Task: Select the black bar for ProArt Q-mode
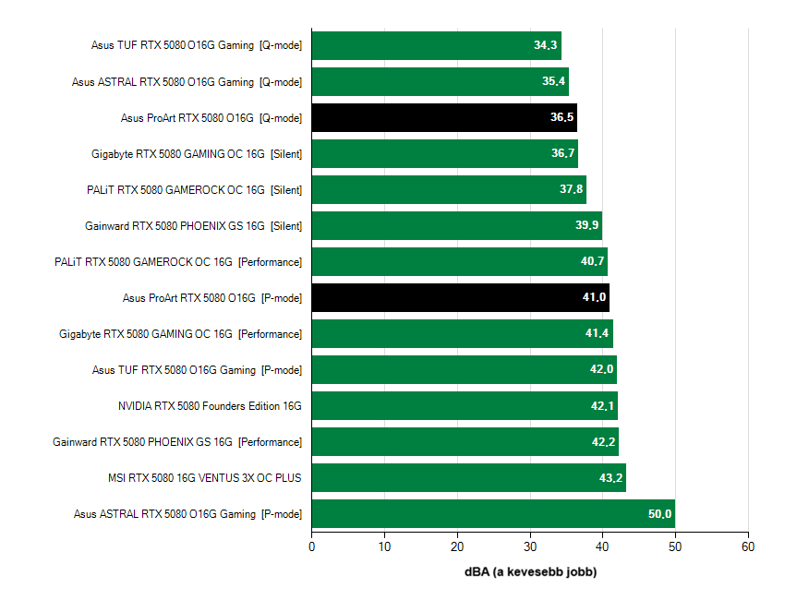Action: coord(443,118)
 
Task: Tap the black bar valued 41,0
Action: coord(460,297)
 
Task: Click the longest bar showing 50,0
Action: coord(492,514)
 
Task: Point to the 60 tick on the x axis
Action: coord(748,547)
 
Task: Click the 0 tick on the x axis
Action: coord(312,547)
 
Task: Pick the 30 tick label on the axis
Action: coord(530,547)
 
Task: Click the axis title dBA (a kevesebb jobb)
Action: coord(530,572)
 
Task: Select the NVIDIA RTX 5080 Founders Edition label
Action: coord(210,406)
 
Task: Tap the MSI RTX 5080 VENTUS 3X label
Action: coord(204,478)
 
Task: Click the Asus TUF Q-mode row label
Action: coord(196,45)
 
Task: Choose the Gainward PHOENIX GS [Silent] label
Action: coord(193,226)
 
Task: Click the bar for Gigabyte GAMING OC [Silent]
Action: coord(444,154)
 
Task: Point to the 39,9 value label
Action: coord(587,226)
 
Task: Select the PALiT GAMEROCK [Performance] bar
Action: coord(459,262)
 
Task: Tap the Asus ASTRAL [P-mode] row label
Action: coord(187,514)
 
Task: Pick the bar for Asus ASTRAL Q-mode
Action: coord(440,81)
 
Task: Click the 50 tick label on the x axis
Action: coord(675,547)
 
